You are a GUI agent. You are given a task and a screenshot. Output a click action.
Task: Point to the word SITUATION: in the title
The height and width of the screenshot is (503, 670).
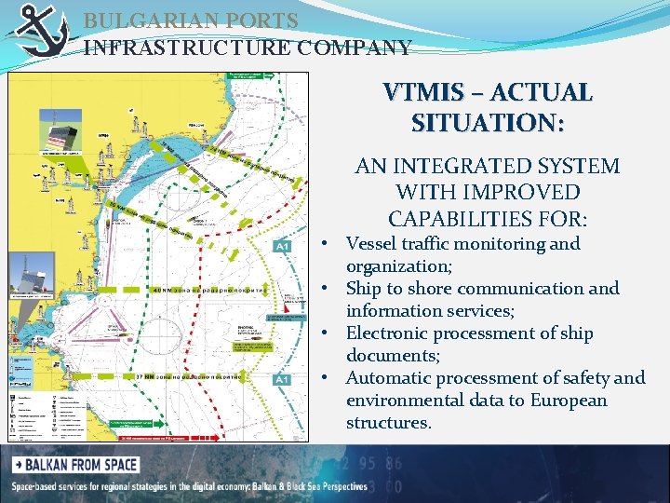pos(487,123)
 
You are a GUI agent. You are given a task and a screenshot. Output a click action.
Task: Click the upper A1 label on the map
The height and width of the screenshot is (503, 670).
pos(282,246)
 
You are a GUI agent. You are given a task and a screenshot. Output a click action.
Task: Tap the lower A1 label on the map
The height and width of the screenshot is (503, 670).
pos(282,379)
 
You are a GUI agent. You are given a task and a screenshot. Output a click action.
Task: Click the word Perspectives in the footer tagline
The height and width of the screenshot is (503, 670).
pos(332,487)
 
